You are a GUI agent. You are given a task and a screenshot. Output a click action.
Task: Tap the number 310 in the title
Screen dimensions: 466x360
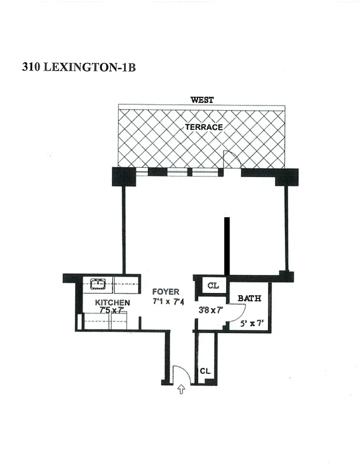(31, 67)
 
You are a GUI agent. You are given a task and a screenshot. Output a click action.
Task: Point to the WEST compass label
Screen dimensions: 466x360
(202, 100)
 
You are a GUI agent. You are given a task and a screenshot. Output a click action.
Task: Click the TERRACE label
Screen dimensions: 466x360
(204, 126)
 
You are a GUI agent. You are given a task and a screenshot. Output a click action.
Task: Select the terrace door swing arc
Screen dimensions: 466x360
(231, 158)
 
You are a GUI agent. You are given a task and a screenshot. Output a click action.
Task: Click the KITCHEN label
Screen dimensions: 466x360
(112, 303)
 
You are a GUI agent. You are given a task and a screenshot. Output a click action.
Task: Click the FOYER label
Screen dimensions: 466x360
(166, 292)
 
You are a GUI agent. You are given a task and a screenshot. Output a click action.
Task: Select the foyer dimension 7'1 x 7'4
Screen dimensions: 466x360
(168, 302)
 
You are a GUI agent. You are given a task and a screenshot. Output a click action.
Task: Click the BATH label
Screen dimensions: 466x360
(249, 298)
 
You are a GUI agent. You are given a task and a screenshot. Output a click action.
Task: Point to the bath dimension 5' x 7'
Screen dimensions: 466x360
(252, 322)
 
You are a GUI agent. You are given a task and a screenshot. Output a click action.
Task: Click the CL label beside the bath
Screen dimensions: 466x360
(213, 286)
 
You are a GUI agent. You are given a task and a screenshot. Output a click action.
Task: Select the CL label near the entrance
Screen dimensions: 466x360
(205, 371)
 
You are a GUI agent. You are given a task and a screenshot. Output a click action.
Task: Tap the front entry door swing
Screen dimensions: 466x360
(179, 373)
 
